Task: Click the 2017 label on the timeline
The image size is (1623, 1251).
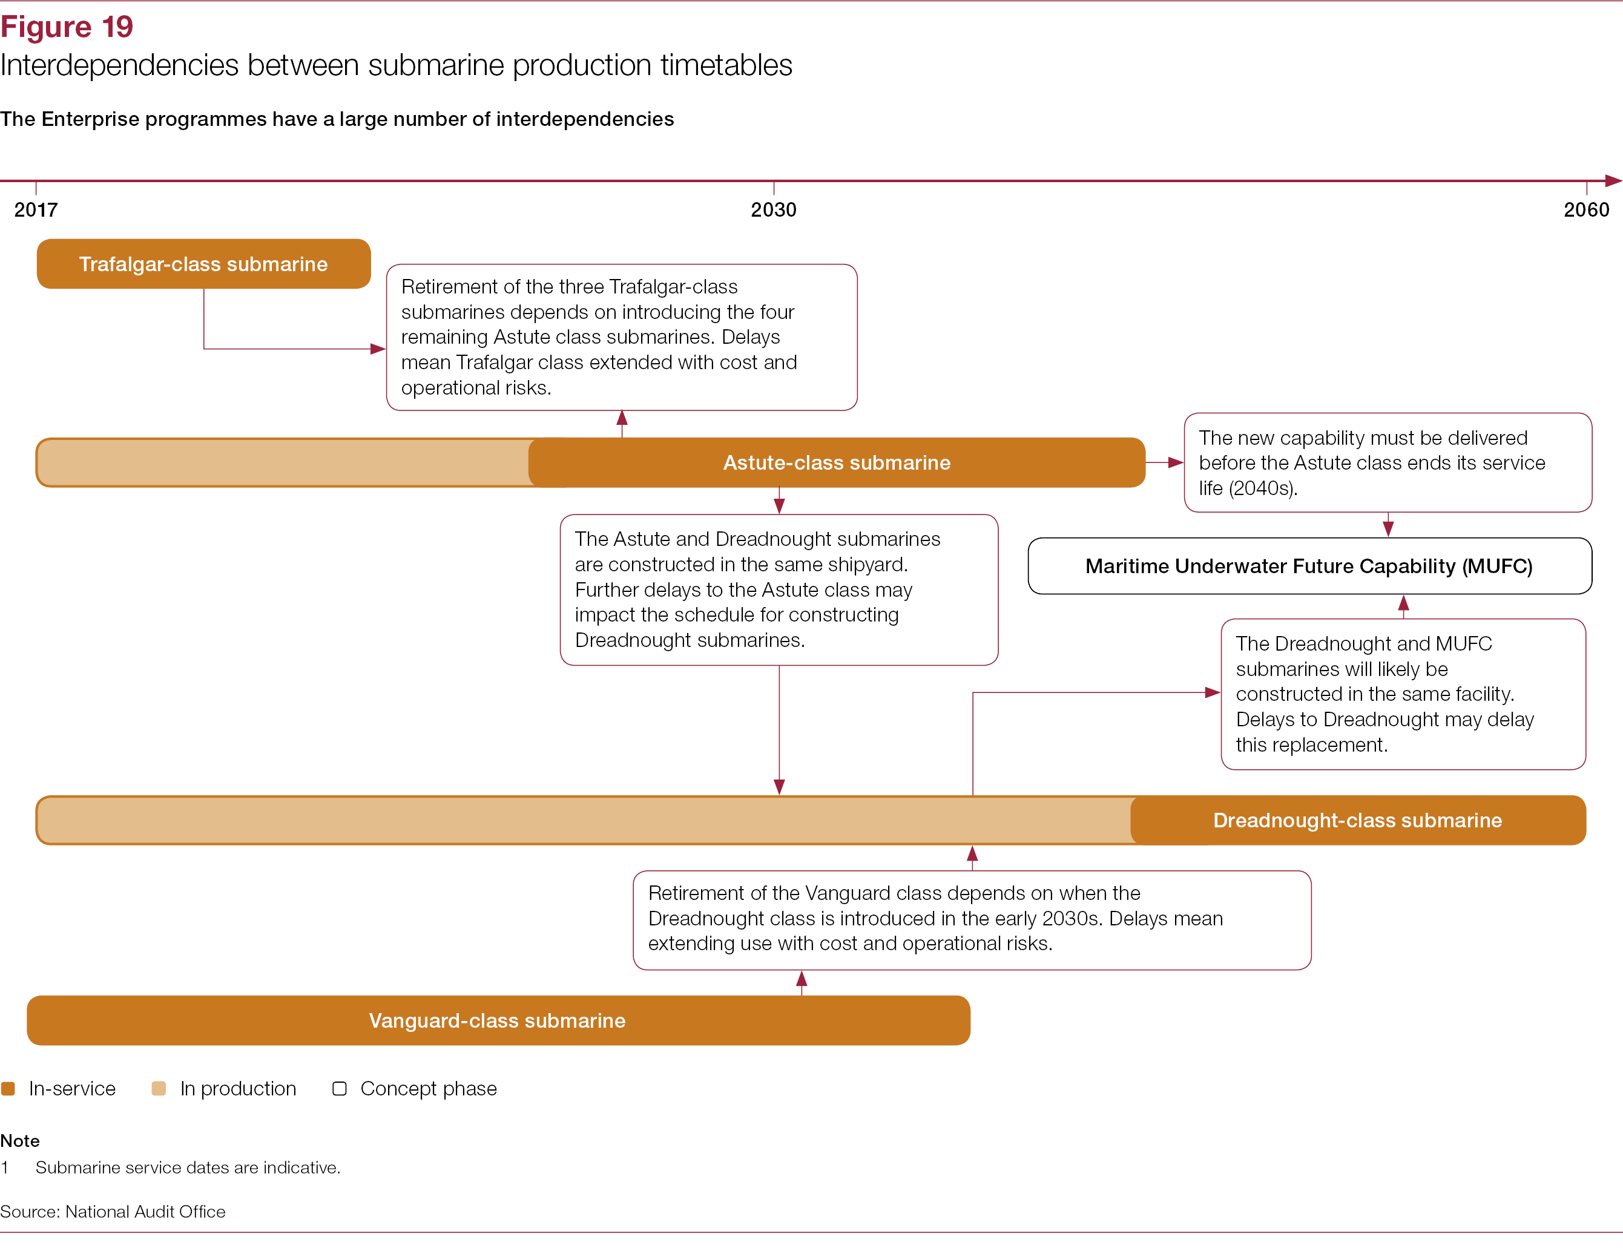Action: pyautogui.click(x=36, y=209)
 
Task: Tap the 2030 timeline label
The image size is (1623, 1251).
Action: pyautogui.click(x=773, y=209)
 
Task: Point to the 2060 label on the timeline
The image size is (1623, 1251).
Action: pyautogui.click(x=1586, y=209)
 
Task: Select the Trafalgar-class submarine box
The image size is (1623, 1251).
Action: pyautogui.click(x=203, y=264)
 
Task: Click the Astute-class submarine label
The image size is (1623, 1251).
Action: pyautogui.click(x=837, y=463)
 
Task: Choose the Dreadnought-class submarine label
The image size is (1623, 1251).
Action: pyautogui.click(x=1357, y=820)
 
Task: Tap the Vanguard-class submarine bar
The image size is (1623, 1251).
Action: pyautogui.click(x=498, y=1020)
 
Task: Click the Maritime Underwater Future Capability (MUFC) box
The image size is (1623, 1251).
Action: pyautogui.click(x=1309, y=566)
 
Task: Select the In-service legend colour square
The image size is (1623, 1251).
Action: pyautogui.click(x=8, y=1088)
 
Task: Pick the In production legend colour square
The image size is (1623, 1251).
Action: pyautogui.click(x=158, y=1088)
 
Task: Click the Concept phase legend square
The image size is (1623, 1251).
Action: pyautogui.click(x=340, y=1088)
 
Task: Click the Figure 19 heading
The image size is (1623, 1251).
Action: pyautogui.click(x=67, y=27)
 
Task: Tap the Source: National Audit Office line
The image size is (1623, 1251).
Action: pyautogui.click(x=112, y=1212)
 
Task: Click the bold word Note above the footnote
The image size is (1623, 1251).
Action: pyautogui.click(x=20, y=1140)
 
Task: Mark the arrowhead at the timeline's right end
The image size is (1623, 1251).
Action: pyautogui.click(x=1613, y=180)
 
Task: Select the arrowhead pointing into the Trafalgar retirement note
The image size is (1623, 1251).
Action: pyautogui.click(x=378, y=349)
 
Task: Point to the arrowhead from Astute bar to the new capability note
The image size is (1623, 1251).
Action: pyautogui.click(x=1176, y=463)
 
